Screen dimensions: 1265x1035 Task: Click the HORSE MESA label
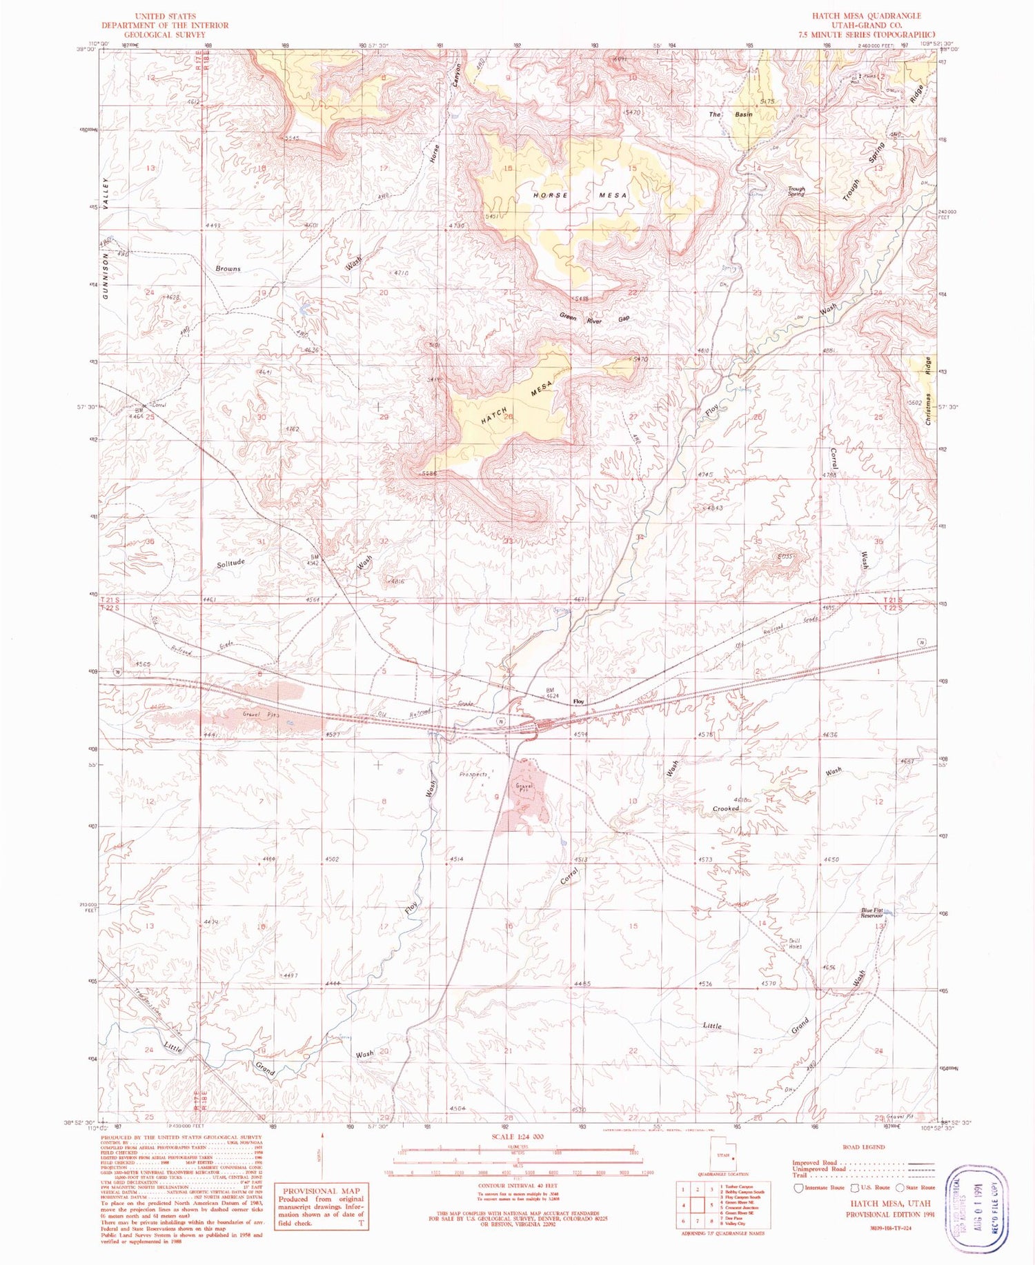(x=580, y=195)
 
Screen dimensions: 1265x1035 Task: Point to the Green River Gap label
(x=594, y=319)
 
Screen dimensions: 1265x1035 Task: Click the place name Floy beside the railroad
(x=579, y=701)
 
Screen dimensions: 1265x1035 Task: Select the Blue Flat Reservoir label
(x=872, y=913)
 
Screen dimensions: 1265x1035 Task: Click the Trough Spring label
(x=796, y=191)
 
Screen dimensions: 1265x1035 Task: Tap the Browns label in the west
(x=228, y=268)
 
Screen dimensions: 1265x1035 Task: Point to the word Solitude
(x=231, y=563)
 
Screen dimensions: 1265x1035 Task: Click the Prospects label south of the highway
(x=473, y=775)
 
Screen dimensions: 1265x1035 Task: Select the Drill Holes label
(x=795, y=944)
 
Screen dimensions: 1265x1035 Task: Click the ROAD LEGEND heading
(x=864, y=1147)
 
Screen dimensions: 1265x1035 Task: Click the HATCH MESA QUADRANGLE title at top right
(x=866, y=16)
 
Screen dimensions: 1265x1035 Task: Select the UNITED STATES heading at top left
(x=165, y=16)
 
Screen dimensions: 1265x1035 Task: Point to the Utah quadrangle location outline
(x=722, y=1155)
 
